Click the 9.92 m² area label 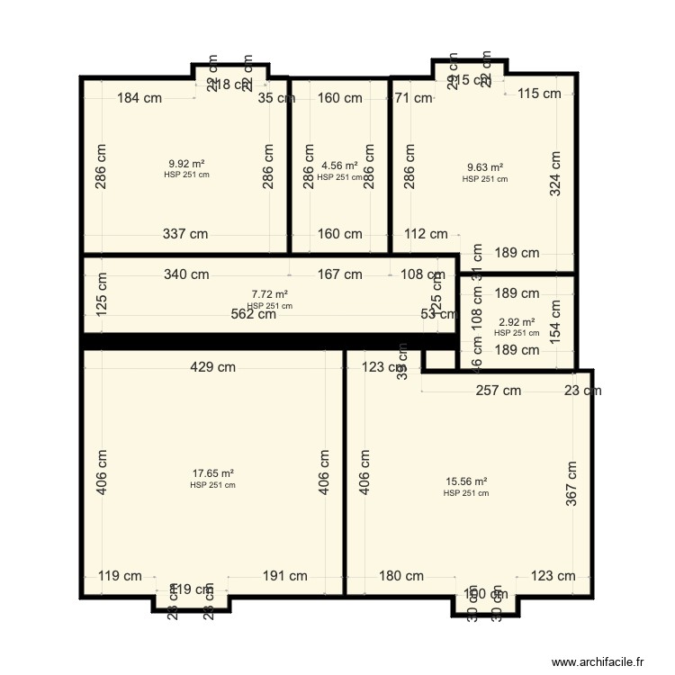click(x=186, y=164)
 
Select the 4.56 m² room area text click(x=339, y=166)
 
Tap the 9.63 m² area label click(x=485, y=167)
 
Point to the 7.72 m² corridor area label click(x=269, y=294)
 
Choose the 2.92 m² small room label click(x=517, y=322)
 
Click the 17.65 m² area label click(x=213, y=473)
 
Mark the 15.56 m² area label click(x=466, y=481)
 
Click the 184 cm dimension click(x=139, y=98)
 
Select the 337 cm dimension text click(x=185, y=234)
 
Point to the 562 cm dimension click(x=254, y=314)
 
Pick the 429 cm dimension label click(x=213, y=366)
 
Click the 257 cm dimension click(x=499, y=391)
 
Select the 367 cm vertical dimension click(x=571, y=484)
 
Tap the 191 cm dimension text click(x=285, y=576)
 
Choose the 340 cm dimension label click(x=185, y=274)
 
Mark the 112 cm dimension click(x=426, y=234)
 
